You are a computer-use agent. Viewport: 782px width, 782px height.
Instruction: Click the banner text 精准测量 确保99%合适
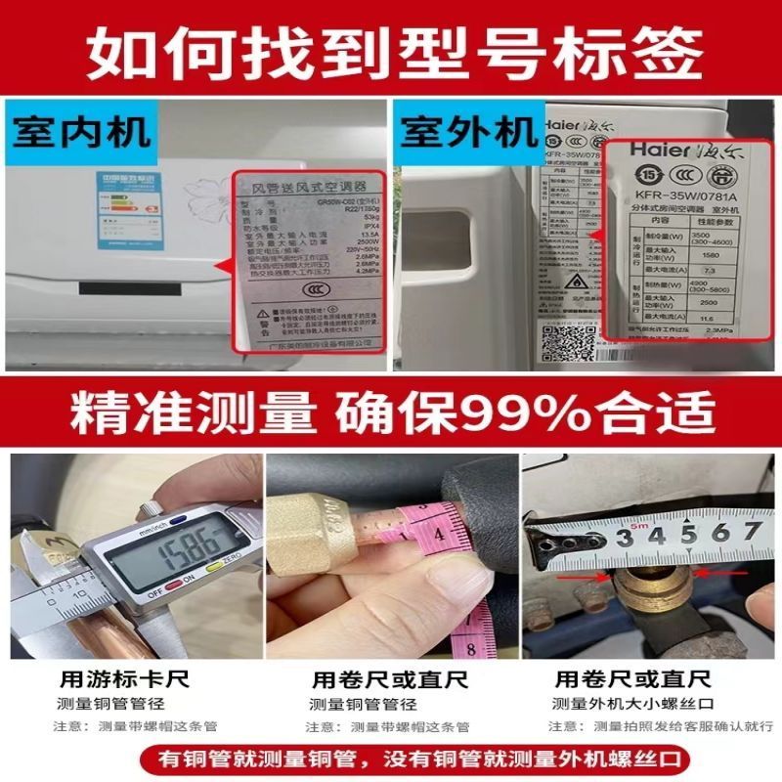tap(391, 415)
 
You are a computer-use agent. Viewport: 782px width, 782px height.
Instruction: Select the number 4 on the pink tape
tap(441, 535)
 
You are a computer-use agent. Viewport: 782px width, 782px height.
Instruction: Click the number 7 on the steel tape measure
tap(751, 532)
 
